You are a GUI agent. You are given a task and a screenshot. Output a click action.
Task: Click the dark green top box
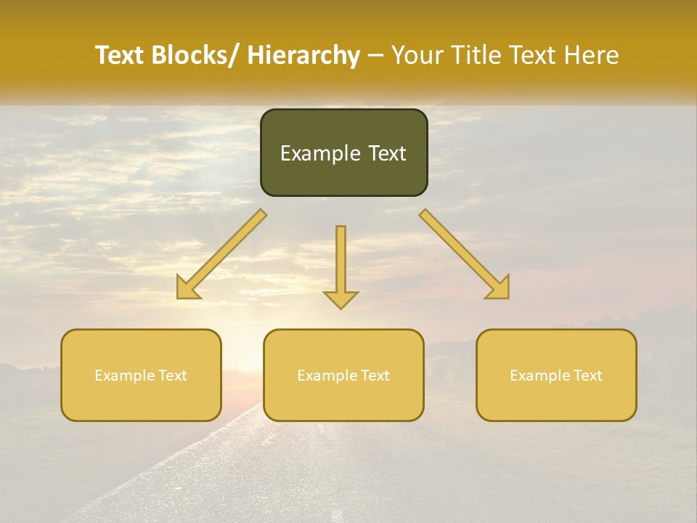tap(343, 153)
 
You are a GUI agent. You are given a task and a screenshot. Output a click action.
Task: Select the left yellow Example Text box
tap(141, 375)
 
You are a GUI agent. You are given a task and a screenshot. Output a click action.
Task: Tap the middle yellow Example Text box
tap(343, 375)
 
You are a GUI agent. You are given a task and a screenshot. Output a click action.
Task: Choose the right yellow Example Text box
tap(556, 375)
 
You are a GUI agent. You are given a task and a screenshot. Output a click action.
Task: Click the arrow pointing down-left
tap(221, 255)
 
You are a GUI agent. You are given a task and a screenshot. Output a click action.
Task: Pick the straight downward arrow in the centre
tap(341, 266)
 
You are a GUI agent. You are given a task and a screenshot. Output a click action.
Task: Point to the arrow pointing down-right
tap(465, 254)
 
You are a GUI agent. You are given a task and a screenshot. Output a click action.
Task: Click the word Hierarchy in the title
tap(303, 56)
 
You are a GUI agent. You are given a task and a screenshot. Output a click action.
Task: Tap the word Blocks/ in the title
tap(195, 55)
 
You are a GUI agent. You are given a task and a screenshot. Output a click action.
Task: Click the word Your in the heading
tap(416, 55)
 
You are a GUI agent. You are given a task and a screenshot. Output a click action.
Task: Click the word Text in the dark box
tap(387, 153)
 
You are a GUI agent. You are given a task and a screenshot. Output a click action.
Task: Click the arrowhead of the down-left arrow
tap(188, 288)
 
